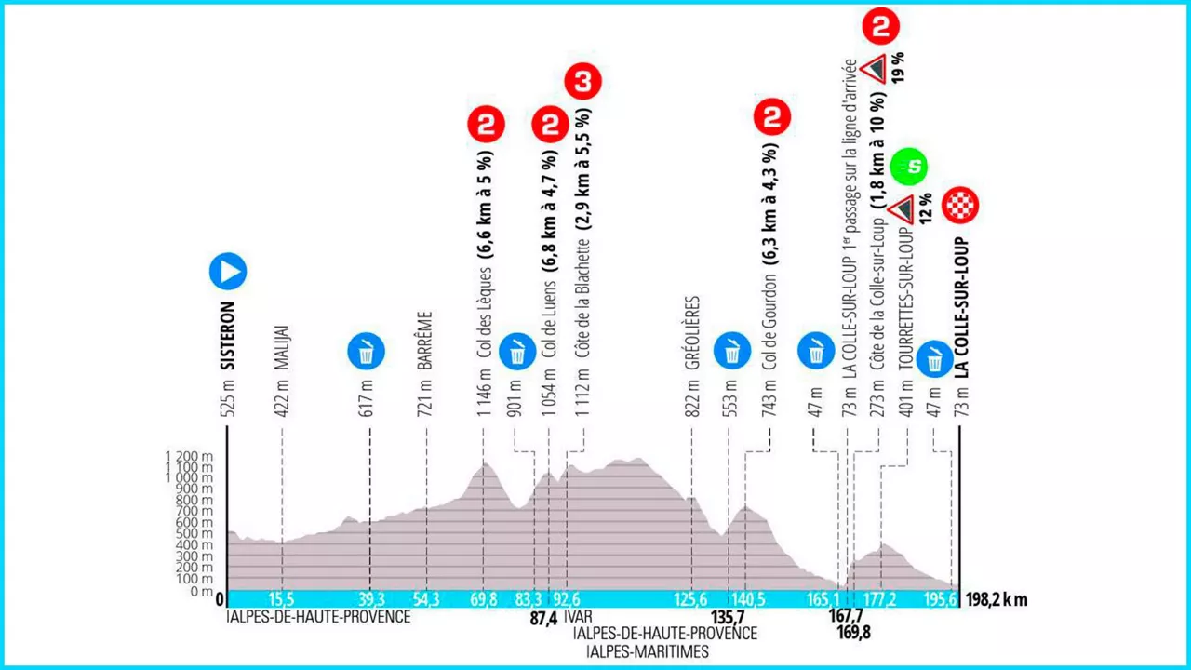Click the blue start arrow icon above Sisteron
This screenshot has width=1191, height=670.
pos(227,272)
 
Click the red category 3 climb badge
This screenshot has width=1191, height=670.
pos(583,81)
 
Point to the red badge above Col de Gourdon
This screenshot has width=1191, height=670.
pos(771,118)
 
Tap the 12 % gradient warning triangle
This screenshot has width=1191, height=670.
pos(899,210)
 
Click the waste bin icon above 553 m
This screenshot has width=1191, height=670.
pos(730,352)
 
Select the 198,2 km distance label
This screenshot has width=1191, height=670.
pos(995,600)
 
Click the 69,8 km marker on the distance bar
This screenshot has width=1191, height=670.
pos(482,600)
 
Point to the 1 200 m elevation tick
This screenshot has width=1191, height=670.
pos(189,456)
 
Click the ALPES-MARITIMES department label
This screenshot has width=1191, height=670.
pos(641,650)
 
